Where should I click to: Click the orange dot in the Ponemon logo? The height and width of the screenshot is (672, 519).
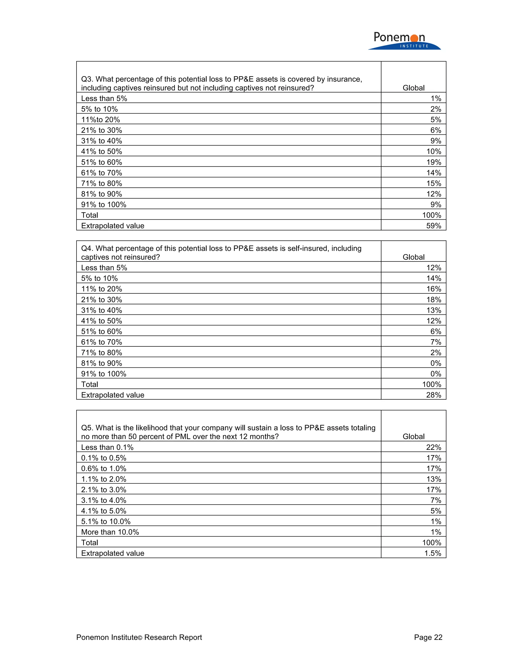tap(414, 38)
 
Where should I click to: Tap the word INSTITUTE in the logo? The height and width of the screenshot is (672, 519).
tap(414, 46)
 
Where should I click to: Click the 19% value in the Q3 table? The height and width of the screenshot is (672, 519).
tap(434, 162)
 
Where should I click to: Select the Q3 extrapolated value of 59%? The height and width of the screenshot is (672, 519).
tap(434, 226)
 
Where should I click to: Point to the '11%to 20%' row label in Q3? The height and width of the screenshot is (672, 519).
tap(101, 120)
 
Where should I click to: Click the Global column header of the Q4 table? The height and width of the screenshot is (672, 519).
tap(413, 257)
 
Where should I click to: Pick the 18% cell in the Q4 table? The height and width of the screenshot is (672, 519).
tap(434, 300)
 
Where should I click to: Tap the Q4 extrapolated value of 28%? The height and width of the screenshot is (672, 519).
tap(434, 395)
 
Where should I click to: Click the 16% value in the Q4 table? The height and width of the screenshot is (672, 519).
tap(434, 289)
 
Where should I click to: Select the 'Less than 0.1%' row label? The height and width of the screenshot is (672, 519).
tap(107, 447)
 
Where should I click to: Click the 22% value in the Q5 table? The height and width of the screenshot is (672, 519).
tap(434, 447)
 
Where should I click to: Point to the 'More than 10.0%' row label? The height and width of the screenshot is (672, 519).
tap(110, 532)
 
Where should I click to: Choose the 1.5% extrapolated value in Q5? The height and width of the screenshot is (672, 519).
tap(433, 553)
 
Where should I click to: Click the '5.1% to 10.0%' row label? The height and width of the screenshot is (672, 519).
tap(106, 522)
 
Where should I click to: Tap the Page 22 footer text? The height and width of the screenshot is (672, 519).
tap(428, 637)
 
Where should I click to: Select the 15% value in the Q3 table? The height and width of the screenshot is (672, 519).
tap(434, 183)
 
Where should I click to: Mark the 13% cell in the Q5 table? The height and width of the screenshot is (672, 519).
tap(434, 479)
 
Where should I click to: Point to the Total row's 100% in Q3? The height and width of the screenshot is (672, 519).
tap(432, 215)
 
